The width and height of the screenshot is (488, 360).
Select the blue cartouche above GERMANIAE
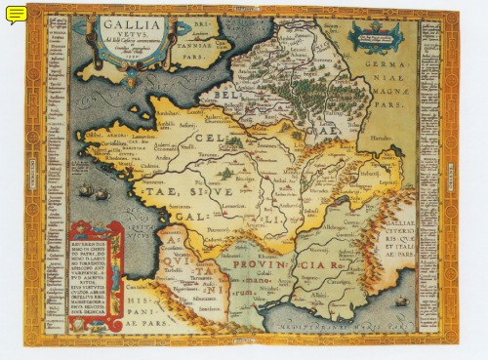[375, 39]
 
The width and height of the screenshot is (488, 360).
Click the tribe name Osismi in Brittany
[94, 135]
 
